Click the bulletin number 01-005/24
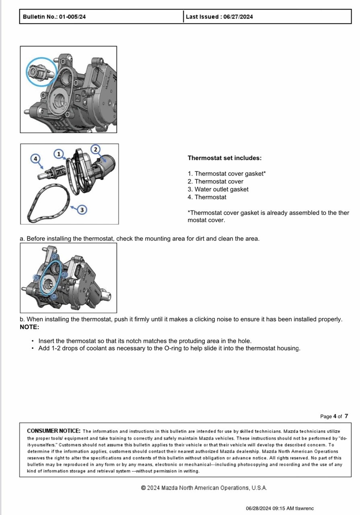(x=72, y=17)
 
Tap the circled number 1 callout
(x=59, y=154)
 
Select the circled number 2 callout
(x=96, y=149)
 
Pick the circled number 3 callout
(x=82, y=209)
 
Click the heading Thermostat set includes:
(x=224, y=158)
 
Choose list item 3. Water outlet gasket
(x=218, y=189)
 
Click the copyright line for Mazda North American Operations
(x=204, y=488)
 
